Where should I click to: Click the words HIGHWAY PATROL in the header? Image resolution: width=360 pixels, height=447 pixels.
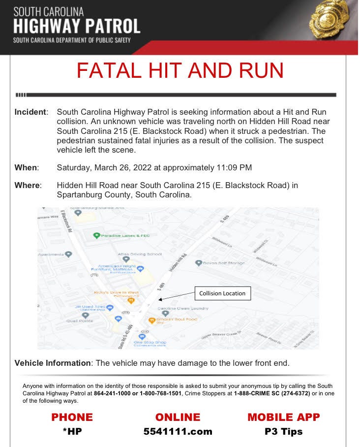coord(77,26)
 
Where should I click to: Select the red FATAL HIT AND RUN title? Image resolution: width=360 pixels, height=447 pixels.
coord(180,70)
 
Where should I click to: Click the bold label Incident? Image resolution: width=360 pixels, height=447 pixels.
coord(31,112)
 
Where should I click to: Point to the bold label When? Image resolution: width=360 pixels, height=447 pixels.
coord(26,167)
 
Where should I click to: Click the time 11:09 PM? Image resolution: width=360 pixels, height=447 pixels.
coord(234,167)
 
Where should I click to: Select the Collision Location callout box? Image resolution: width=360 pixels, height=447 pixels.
coord(222,293)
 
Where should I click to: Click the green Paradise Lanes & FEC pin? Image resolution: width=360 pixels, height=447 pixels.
coord(97,235)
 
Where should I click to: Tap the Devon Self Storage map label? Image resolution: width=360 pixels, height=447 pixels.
coord(224,263)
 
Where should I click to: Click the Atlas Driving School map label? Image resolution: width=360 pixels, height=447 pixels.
coord(139,254)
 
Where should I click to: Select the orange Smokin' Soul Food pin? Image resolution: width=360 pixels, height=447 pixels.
coord(152,320)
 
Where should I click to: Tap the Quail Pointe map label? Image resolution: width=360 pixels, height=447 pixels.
coord(79,320)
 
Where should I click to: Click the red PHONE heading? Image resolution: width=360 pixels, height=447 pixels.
coord(72,417)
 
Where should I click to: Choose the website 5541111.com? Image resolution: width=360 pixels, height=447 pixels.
coord(178,432)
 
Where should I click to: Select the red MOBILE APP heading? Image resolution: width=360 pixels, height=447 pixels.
coord(283,417)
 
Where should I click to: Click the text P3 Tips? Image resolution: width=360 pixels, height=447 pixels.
coord(283,432)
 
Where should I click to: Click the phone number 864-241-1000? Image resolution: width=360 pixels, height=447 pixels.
coord(113,393)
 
